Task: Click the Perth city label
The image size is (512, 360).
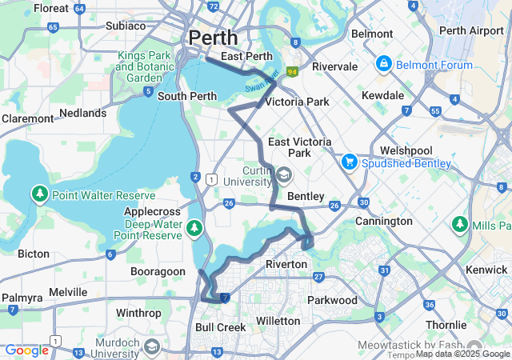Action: pos(213,38)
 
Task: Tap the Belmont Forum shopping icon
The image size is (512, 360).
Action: pos(383,63)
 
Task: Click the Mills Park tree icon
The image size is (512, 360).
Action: pos(461,226)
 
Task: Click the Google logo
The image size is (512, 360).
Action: pos(26,350)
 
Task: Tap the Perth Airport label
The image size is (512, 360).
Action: pos(470,31)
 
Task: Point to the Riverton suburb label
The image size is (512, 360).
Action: pos(286,264)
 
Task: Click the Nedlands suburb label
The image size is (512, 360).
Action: pos(83,114)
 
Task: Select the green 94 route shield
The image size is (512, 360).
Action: pos(293,72)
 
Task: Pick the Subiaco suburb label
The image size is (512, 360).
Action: pos(126,26)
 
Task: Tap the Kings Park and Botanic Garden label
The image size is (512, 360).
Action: pos(145,67)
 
